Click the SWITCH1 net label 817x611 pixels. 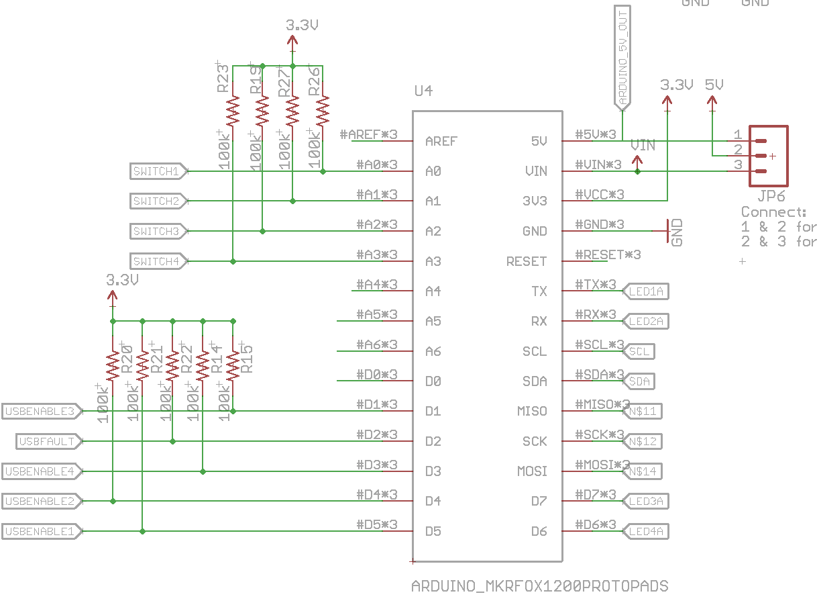click(156, 171)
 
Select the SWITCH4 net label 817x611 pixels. click(156, 261)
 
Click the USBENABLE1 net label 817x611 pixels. click(41, 531)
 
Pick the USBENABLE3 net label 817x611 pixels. click(41, 411)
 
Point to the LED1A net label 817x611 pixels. click(646, 291)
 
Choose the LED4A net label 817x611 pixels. click(646, 531)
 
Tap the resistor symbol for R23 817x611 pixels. click(232, 111)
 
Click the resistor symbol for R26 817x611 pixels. click(323, 111)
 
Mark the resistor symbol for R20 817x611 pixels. click(113, 366)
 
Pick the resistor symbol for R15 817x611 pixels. click(233, 366)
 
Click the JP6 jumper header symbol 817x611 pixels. click(768, 156)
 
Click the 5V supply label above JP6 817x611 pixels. click(714, 85)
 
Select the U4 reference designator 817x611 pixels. click(423, 91)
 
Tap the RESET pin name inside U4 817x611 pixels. click(527, 261)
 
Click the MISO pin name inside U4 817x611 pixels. click(532, 411)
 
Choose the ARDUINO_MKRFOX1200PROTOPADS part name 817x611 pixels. click(539, 586)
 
